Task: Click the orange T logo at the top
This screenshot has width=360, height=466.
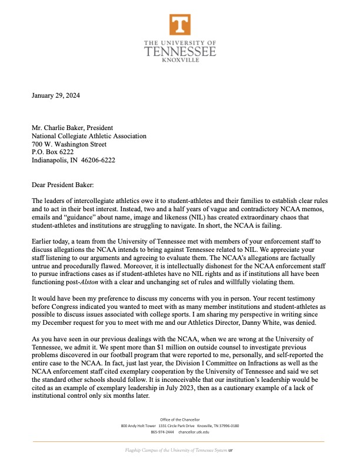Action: [180, 25]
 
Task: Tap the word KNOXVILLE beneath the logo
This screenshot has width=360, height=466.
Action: [180, 60]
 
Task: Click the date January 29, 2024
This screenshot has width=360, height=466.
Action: [56, 95]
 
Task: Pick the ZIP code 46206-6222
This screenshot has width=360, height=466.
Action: [98, 160]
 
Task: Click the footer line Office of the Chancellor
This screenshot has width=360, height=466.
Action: [180, 419]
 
